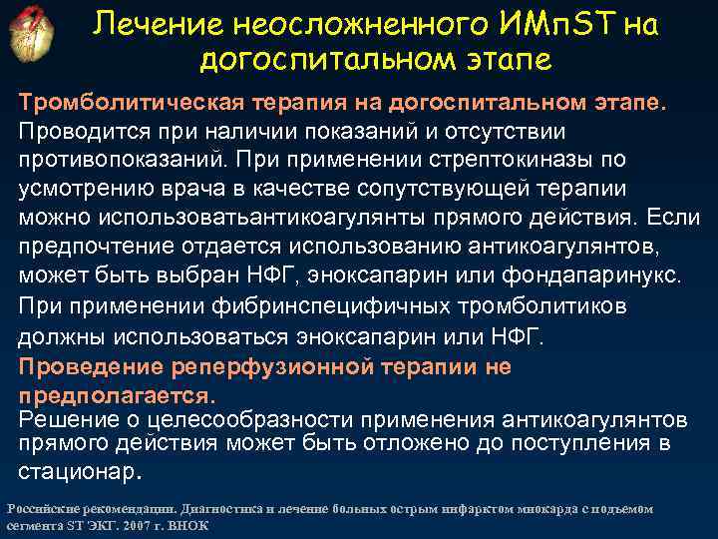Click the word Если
pyautogui.click(x=677, y=217)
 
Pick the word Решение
pyautogui.click(x=65, y=418)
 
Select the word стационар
pyautogui.click(x=75, y=469)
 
